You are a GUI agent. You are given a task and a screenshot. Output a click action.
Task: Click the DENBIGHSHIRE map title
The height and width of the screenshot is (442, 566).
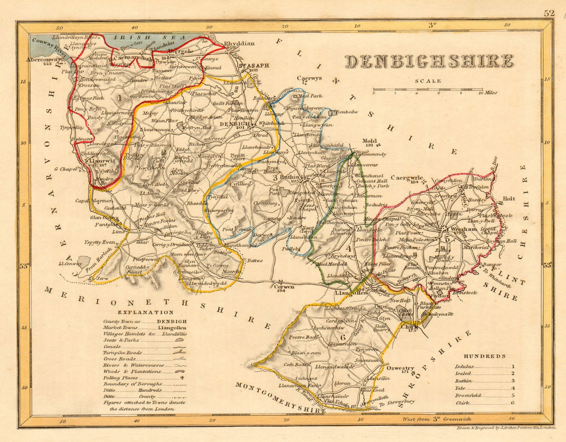[x=429, y=61]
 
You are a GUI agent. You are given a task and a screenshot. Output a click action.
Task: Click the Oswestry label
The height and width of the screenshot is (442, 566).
[x=401, y=368]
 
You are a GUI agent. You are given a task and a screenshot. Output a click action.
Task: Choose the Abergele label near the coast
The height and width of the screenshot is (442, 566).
[x=181, y=50]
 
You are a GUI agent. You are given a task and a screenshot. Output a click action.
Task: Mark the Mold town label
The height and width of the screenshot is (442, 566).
[x=369, y=140]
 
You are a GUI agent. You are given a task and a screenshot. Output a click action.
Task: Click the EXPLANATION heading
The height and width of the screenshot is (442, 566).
[x=145, y=312]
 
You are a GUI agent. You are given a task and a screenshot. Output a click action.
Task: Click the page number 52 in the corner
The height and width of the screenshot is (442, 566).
[x=549, y=13]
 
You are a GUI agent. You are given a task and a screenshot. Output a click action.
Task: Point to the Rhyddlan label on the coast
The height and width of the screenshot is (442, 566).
[x=239, y=43]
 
